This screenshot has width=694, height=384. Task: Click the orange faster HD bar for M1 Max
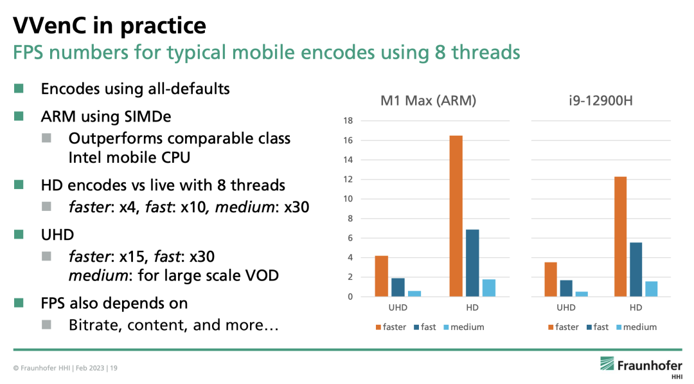coord(456,216)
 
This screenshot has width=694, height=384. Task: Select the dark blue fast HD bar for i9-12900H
coord(636,270)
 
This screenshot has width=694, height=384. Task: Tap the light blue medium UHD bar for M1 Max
coord(414,294)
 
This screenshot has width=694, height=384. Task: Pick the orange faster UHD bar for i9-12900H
coord(551,279)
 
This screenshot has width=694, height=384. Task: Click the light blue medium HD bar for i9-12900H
coord(652,289)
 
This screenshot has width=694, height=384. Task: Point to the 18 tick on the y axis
coord(348,120)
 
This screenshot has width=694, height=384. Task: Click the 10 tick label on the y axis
coord(348,199)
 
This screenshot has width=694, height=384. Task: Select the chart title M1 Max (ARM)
coord(428,100)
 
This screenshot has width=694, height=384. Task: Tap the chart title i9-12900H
coord(601,100)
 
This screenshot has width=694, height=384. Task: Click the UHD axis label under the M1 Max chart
coord(398,307)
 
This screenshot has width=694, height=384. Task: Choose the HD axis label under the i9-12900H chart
coord(636,307)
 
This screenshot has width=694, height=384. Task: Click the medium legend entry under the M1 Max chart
coord(464,327)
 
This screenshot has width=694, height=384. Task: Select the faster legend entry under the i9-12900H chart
coord(563,327)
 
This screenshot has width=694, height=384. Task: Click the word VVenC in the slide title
coord(49,25)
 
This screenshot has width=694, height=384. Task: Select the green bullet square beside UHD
coord(19,234)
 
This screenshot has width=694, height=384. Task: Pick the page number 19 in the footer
coord(114,368)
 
